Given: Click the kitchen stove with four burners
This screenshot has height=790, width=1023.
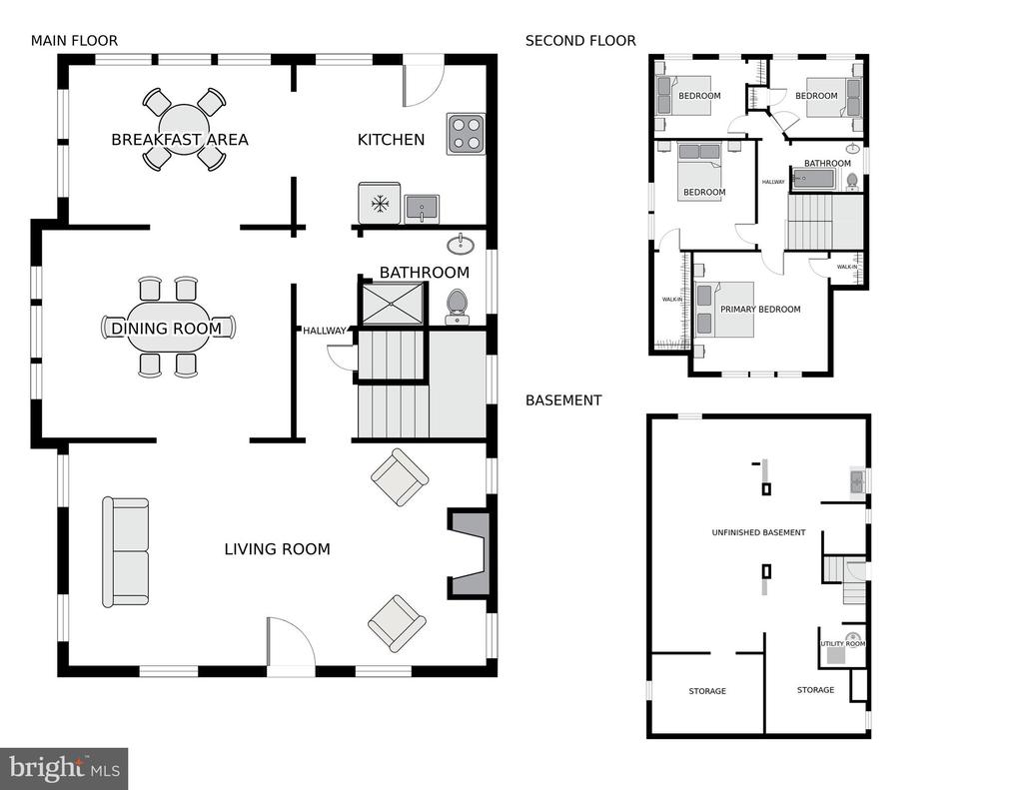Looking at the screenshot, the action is point(466,134).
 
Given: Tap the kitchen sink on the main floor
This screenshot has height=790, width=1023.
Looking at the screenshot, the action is point(422,209).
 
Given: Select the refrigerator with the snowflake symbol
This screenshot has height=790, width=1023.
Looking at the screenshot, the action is point(379,203).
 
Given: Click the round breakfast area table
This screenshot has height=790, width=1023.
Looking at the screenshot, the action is point(185,129).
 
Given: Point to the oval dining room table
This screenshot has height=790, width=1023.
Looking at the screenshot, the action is point(168,327).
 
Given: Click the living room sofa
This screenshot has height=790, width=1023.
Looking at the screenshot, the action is point(125,552).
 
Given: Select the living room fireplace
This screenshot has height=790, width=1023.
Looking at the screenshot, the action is point(468,553).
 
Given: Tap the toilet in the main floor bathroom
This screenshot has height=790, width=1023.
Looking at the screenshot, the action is point(457,307).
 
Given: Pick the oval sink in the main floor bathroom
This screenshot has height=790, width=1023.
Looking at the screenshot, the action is point(461,245).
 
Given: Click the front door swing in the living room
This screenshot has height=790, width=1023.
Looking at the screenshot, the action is point(291,642).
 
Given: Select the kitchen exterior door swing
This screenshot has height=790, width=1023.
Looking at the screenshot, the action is point(424,85).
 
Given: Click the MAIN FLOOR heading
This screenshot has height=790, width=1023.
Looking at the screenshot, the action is point(74,40).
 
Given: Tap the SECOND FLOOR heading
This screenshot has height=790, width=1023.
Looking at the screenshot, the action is point(580,40).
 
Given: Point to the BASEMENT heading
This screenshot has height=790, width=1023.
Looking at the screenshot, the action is point(563,399).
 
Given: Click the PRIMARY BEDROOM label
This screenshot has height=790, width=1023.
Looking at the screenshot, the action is point(760,310).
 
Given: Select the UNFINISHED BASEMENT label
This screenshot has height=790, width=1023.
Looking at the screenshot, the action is point(759,532).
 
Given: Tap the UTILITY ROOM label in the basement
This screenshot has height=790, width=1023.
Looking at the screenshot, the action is point(843,644).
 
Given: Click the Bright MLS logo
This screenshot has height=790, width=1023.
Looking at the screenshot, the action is point(64,768).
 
